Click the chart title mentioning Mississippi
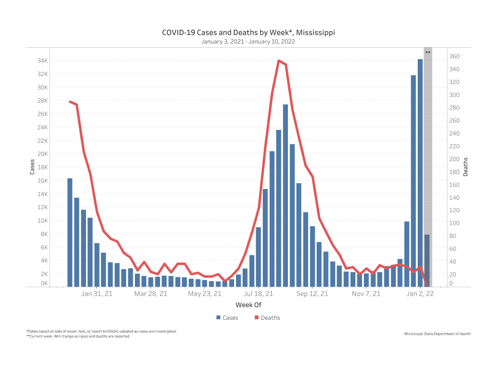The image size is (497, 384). [x=248, y=33]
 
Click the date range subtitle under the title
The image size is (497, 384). [x=248, y=42]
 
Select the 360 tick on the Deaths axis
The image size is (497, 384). [x=454, y=56]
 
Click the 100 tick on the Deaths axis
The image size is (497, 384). [x=454, y=223]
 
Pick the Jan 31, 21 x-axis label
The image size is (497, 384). [x=97, y=294]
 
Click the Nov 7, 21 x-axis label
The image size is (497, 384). [x=366, y=294]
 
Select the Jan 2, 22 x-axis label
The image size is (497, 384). [x=420, y=294]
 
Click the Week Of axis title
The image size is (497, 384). [x=248, y=306]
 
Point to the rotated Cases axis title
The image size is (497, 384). [x=33, y=167]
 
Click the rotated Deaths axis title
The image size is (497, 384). [x=466, y=167]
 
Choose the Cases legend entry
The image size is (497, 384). [x=227, y=318]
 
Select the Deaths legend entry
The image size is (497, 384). [x=267, y=318]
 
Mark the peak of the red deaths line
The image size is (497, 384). [x=279, y=60]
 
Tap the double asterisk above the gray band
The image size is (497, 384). [x=428, y=52]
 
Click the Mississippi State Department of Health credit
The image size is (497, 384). [x=437, y=334]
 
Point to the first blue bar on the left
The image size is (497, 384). [x=70, y=232]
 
